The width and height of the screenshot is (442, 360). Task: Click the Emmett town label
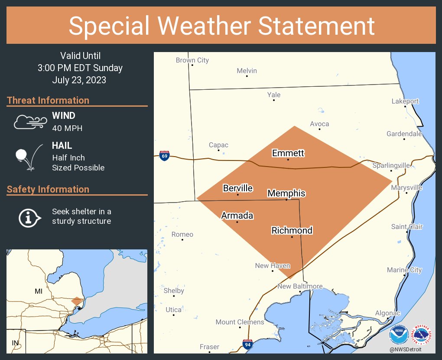click(x=288, y=153)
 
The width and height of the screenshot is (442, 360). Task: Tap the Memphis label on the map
click(x=286, y=193)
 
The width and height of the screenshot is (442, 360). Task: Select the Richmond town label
click(x=292, y=230)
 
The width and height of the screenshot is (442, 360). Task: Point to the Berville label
click(x=237, y=188)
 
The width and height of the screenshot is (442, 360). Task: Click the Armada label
click(x=237, y=216)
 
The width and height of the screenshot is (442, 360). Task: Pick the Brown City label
click(x=192, y=60)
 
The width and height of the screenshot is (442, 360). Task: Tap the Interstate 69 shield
click(x=164, y=156)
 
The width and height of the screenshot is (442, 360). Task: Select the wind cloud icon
click(x=29, y=122)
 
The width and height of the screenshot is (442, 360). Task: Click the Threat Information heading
click(x=48, y=100)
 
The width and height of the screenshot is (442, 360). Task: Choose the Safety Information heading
click(x=48, y=189)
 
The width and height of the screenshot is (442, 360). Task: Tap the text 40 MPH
click(x=67, y=128)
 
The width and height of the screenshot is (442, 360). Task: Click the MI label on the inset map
click(x=39, y=291)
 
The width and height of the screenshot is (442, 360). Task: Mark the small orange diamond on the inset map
click(x=77, y=301)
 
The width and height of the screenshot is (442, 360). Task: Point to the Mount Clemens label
click(x=240, y=322)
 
